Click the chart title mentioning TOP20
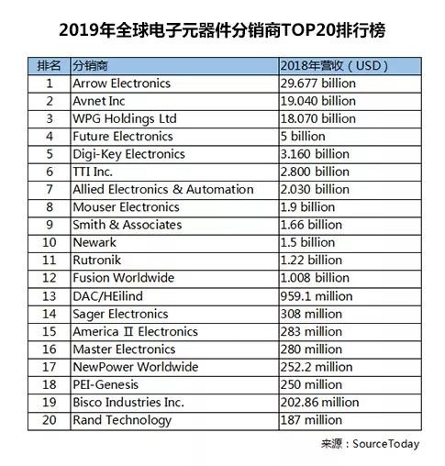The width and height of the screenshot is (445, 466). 222,30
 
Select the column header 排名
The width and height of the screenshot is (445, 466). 49,66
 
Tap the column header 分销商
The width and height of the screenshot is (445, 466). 90,66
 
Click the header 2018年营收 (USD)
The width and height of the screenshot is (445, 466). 334,66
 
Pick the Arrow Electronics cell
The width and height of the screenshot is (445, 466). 121,83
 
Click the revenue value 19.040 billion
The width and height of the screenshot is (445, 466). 318,101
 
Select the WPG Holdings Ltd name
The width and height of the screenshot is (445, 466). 125,119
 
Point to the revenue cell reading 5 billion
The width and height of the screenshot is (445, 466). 303,137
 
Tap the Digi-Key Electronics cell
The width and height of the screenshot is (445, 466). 128,154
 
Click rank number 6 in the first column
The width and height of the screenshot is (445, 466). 50,172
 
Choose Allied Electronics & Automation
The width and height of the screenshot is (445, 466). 163,190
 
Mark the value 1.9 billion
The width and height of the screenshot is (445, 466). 307,207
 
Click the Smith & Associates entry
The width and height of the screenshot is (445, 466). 128,225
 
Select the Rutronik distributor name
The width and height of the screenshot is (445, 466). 96,261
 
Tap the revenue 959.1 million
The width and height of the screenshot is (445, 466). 317,296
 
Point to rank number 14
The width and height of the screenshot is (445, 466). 50,314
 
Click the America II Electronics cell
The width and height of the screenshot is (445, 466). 135,332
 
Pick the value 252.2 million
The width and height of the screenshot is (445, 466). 317,367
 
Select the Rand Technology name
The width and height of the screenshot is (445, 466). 122,420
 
